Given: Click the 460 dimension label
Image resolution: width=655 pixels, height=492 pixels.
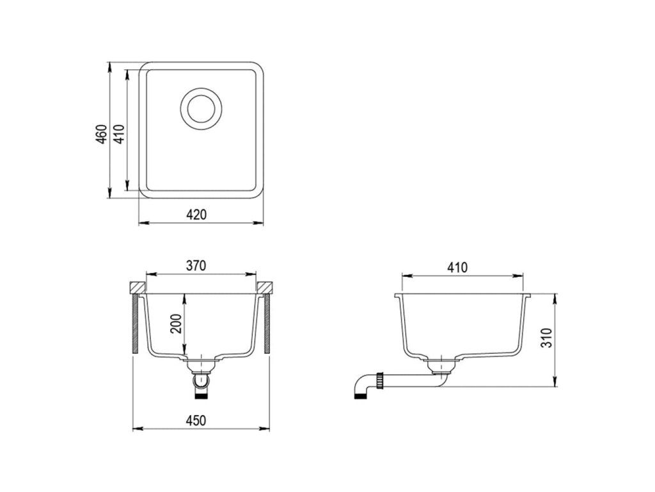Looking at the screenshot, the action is tap(102, 134).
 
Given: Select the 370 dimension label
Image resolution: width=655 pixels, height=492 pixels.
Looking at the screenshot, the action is tap(196, 266).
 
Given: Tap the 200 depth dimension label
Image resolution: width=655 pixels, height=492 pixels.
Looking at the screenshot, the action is tap(177, 324).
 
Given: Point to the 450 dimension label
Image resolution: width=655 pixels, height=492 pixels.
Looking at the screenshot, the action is tap(196, 420).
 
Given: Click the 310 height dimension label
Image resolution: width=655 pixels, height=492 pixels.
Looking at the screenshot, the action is tap(547, 338).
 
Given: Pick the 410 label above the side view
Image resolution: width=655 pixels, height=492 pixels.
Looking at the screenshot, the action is tap(457, 267).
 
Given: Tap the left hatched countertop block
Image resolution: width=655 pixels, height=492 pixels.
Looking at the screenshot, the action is tap(138, 288).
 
